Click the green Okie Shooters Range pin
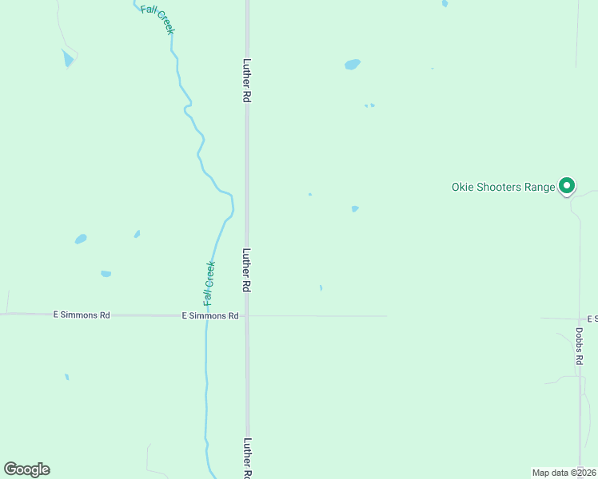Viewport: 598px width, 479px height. click(x=567, y=186)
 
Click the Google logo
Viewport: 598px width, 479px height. click(x=26, y=469)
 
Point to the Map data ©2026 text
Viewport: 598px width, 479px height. click(x=564, y=473)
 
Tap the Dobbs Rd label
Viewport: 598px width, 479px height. click(x=579, y=346)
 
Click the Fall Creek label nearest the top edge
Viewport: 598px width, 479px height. click(x=157, y=19)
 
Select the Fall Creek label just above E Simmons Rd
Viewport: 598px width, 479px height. click(x=209, y=283)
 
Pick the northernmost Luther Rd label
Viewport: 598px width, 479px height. click(x=247, y=80)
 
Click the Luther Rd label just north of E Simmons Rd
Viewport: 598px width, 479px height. click(x=247, y=270)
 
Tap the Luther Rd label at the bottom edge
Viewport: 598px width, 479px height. click(x=247, y=458)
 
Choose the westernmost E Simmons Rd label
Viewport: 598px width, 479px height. click(x=82, y=315)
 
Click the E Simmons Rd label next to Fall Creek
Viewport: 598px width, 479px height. click(x=210, y=316)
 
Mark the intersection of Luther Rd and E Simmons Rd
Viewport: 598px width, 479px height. click(x=247, y=315)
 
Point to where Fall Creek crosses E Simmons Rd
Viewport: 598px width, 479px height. click(x=206, y=315)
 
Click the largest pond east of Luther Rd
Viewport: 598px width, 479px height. click(x=352, y=64)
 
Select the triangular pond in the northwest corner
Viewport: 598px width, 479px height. click(x=68, y=58)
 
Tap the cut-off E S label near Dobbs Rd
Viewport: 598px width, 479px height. click(x=592, y=319)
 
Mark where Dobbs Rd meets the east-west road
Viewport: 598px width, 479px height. click(x=579, y=319)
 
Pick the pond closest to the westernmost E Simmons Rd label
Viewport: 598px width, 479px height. click(x=106, y=274)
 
